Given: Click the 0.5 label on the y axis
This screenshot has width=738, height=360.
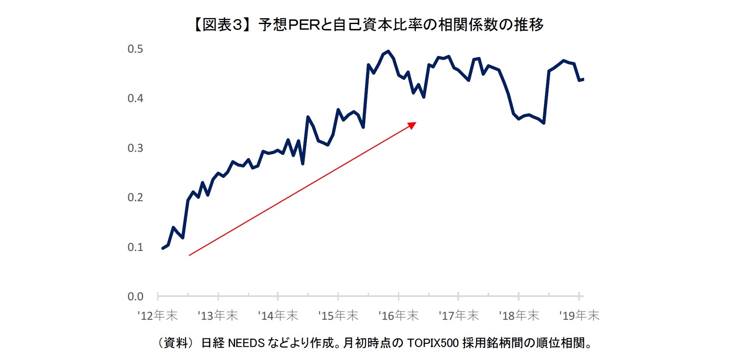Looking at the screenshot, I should click(x=135, y=49).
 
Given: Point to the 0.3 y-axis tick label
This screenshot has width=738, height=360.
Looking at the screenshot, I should click(x=135, y=148).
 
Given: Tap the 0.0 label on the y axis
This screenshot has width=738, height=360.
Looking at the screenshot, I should click(x=135, y=297).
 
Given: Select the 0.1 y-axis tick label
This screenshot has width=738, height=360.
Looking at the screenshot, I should click(x=135, y=247).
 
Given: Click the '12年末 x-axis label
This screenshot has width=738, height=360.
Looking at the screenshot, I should click(x=158, y=316).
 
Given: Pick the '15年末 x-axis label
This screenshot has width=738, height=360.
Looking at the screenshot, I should click(x=338, y=316).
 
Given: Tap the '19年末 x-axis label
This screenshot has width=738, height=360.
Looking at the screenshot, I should click(x=579, y=316).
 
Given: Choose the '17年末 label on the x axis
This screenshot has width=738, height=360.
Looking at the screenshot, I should click(x=459, y=316).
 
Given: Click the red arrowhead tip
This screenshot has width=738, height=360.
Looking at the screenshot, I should click(x=415, y=123).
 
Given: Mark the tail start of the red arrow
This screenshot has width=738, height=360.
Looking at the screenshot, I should click(x=189, y=255).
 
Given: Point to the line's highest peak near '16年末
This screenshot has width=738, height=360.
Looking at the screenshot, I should click(x=388, y=51).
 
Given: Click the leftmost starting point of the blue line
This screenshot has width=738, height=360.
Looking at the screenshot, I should click(x=163, y=248).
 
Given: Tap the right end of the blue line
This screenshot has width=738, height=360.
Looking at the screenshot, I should click(x=583, y=79).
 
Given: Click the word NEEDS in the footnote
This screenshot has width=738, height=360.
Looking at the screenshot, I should click(x=246, y=343).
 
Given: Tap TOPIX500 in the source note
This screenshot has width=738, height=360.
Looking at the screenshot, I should click(x=433, y=343).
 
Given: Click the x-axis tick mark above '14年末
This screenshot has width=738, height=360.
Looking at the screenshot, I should click(x=278, y=296).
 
